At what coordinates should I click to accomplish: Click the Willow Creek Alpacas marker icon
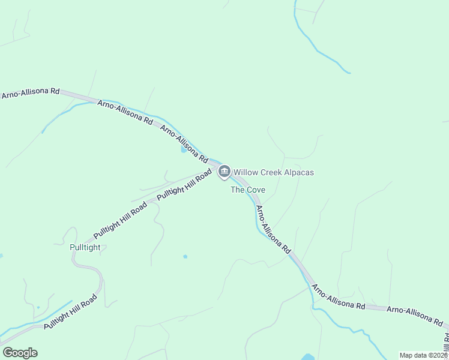pyautogui.click(x=224, y=172)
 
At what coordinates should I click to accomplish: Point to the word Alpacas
pyautogui.click(x=300, y=173)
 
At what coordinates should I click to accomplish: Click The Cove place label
pyautogui.click(x=248, y=190)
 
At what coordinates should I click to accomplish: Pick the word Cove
pyautogui.click(x=255, y=190)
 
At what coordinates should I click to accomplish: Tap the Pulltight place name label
pyautogui.click(x=85, y=247)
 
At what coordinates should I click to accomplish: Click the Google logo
pyautogui.click(x=20, y=352)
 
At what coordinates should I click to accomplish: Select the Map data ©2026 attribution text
pyautogui.click(x=423, y=355)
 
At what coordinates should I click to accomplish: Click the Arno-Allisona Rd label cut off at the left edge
pyautogui.click(x=30, y=93)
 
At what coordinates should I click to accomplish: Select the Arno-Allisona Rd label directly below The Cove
pyautogui.click(x=273, y=229)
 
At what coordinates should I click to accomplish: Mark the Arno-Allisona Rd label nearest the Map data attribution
pyautogui.click(x=414, y=316)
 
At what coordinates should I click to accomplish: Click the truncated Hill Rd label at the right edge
pyautogui.click(x=445, y=342)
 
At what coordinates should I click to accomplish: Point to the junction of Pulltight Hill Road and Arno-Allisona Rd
pyautogui.click(x=217, y=166)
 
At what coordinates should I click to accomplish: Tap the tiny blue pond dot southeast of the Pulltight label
pyautogui.click(x=185, y=257)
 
